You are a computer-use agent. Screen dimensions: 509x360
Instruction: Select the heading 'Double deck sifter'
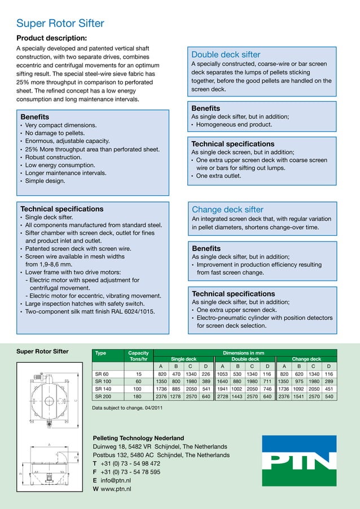click(226, 55)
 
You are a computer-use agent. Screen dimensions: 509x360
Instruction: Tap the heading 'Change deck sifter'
click(227, 209)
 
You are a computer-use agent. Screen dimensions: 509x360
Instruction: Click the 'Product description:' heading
click(51, 38)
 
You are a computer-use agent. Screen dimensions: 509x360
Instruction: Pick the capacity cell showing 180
click(137, 396)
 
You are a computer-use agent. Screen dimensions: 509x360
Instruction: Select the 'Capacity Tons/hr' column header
click(138, 356)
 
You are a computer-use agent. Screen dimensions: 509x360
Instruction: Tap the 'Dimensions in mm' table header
click(244, 353)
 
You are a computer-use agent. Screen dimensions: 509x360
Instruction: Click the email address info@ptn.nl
click(116, 480)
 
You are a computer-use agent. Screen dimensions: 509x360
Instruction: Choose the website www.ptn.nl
click(116, 489)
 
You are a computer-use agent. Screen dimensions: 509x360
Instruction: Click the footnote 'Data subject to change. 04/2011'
click(128, 408)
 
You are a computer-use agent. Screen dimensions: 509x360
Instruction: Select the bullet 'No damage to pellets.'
click(55, 133)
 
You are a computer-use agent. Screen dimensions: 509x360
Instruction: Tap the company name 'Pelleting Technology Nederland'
click(138, 438)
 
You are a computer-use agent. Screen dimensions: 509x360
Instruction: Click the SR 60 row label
click(102, 374)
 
